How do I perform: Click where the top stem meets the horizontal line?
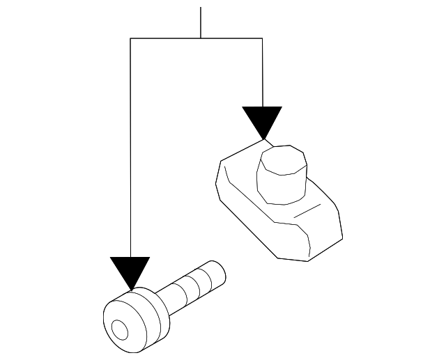click(x=201, y=38)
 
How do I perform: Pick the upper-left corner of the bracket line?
click(x=130, y=38)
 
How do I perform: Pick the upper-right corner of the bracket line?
click(x=262, y=38)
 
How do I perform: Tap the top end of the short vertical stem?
click(x=201, y=8)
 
